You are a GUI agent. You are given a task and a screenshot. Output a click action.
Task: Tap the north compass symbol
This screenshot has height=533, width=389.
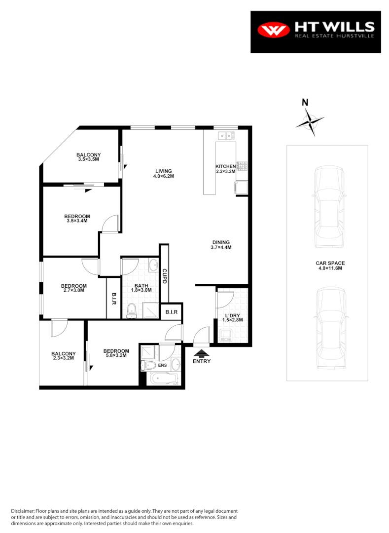(x=310, y=121)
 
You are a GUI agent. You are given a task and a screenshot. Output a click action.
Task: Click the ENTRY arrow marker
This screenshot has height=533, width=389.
(x=201, y=353)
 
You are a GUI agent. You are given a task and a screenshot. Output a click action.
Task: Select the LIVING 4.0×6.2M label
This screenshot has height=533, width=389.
(x=164, y=174)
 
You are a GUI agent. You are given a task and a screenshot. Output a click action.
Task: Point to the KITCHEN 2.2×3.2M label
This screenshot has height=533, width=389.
(x=225, y=169)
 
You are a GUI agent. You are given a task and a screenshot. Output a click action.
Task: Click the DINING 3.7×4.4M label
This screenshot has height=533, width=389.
(x=221, y=245)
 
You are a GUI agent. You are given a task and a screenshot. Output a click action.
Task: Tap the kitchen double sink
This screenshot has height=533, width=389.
(x=226, y=135)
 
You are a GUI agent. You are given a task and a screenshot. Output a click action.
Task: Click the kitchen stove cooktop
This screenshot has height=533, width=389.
(x=242, y=166)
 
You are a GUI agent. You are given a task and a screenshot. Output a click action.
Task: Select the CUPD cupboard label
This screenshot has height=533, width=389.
(x=165, y=277)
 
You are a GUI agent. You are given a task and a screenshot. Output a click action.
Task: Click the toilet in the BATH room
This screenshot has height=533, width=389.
(x=132, y=310)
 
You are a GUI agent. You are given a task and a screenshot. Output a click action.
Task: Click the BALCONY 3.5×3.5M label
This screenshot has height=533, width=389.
(x=89, y=156)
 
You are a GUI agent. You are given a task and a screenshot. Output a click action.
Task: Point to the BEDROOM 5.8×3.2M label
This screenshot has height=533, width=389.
(x=116, y=353)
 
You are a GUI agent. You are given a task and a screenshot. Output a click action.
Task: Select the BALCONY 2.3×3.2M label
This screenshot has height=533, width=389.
(x=64, y=356)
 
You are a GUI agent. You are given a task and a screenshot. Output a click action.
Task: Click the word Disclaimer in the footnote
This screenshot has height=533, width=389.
(x=23, y=511)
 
